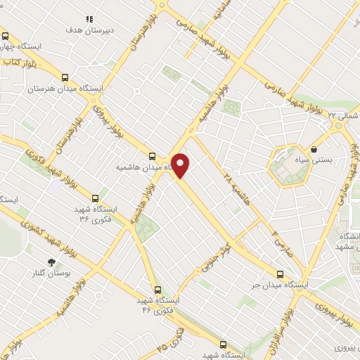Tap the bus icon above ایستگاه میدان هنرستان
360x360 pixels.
coord(65,78)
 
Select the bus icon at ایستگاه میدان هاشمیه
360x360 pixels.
coord(153,156)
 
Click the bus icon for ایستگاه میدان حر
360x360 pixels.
coord(280,274)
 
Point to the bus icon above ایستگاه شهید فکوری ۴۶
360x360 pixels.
coord(157,288)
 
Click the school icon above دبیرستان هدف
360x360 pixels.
coord(89,19)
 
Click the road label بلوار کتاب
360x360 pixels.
coord(20,63)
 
